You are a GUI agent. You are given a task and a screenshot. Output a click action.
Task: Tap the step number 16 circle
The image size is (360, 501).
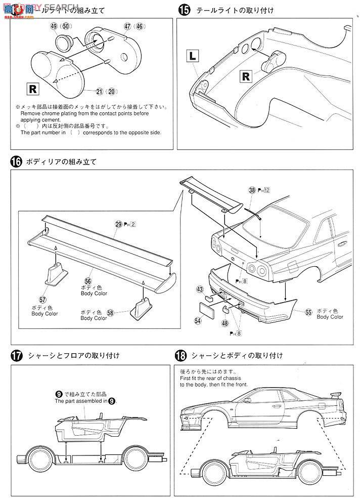coord(16,162)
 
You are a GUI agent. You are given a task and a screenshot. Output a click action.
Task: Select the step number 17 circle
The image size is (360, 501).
coord(16,355)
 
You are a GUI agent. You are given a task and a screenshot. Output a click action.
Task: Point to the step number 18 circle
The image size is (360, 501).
coord(180,355)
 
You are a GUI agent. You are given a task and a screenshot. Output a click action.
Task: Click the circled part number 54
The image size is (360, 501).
coord(197,320)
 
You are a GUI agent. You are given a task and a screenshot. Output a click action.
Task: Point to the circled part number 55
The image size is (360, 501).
coord(308,312)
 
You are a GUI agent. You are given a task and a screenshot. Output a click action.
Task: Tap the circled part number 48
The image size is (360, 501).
coord(224,322)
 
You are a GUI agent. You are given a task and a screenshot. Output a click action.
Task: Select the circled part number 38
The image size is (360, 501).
coord(252,190)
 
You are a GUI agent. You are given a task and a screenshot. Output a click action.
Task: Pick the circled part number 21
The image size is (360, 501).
coord(99,91)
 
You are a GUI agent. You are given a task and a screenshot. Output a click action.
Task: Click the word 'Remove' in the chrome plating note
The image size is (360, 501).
coord(30,113)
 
